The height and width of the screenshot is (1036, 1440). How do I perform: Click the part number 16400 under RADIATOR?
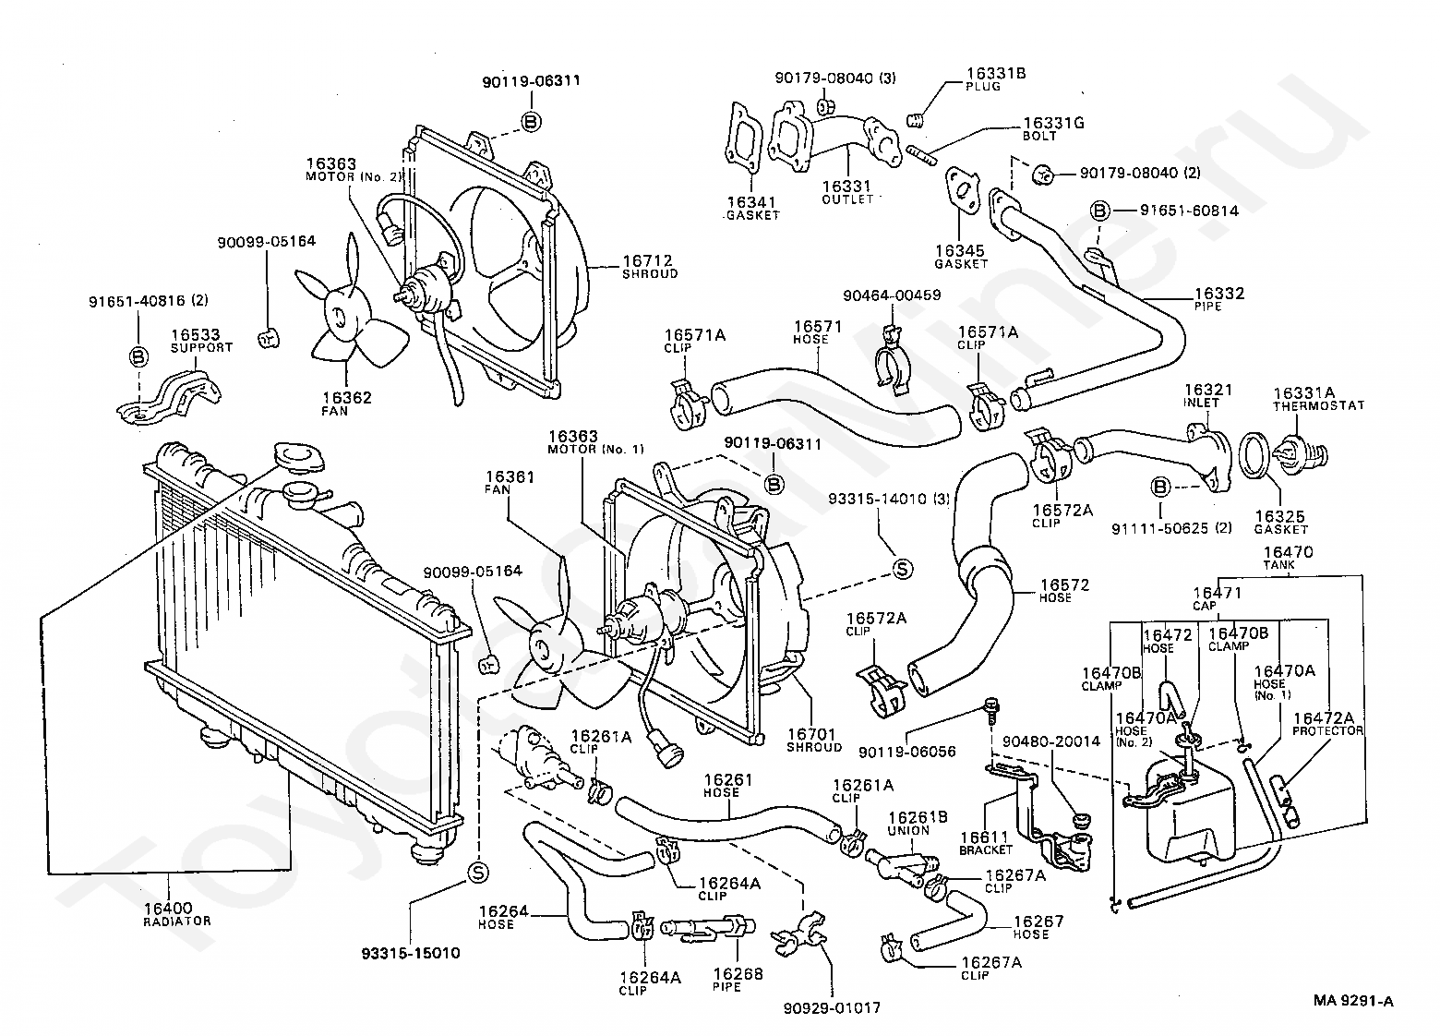[168, 909]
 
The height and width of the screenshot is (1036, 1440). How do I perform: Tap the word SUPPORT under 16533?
[201, 348]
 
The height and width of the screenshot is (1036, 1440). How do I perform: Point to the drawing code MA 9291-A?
[1353, 1001]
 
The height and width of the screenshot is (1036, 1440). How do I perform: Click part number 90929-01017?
[831, 1007]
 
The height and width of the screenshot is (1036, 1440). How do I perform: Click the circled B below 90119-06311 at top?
[532, 122]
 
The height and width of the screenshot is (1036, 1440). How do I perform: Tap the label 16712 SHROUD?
[649, 266]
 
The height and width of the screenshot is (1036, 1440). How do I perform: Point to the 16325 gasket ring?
[1253, 456]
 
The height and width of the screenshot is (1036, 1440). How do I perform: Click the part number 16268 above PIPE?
[738, 974]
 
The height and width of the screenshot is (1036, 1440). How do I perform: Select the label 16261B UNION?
[918, 823]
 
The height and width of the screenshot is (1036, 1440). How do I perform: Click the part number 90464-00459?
[892, 295]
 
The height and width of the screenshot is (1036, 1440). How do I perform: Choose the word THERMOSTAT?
[1318, 405]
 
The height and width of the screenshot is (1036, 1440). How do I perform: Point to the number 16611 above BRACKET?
[984, 837]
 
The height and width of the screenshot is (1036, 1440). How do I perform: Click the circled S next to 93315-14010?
[903, 569]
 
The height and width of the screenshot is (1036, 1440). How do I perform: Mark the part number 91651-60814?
[1189, 211]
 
